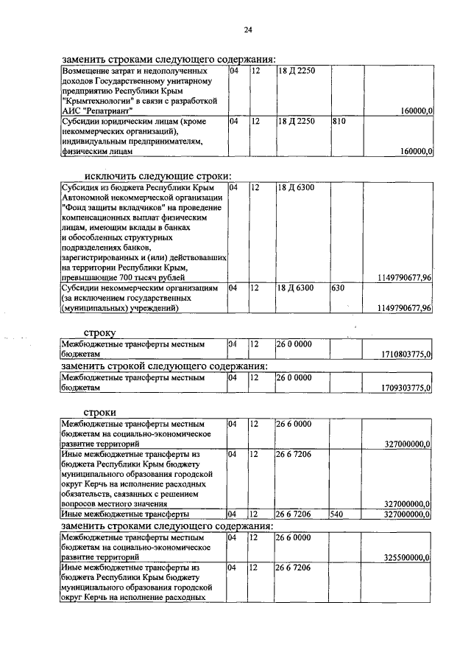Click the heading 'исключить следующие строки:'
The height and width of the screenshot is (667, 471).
157,175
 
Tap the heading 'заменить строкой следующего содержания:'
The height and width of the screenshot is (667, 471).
163,366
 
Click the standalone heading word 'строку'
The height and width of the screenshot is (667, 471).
100,332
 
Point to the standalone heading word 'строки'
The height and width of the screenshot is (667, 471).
100,411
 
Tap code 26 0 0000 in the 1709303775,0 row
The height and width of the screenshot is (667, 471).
294,377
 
